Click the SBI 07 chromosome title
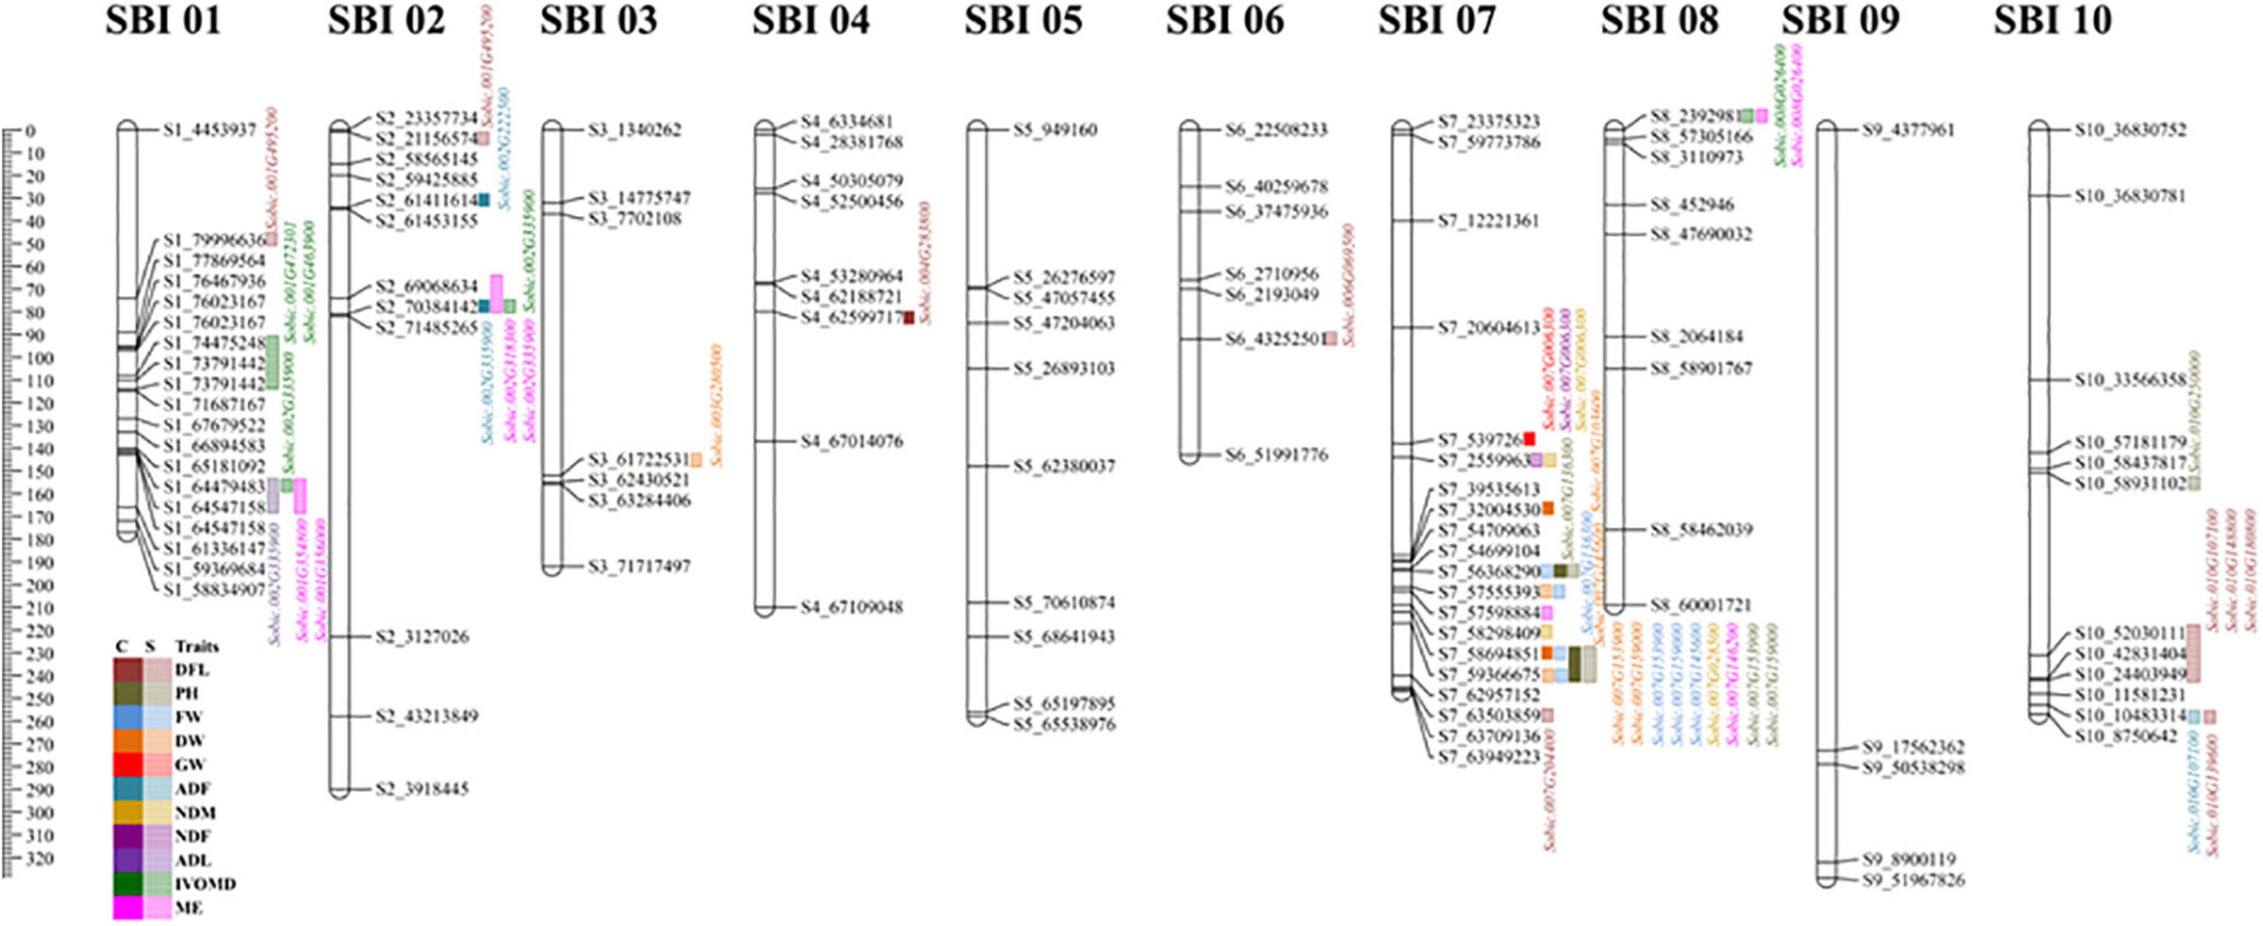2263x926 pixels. [1437, 21]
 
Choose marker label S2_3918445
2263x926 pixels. [423, 789]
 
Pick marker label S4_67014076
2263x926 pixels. [851, 441]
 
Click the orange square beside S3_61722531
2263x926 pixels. [696, 459]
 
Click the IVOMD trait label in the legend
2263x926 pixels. [205, 884]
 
